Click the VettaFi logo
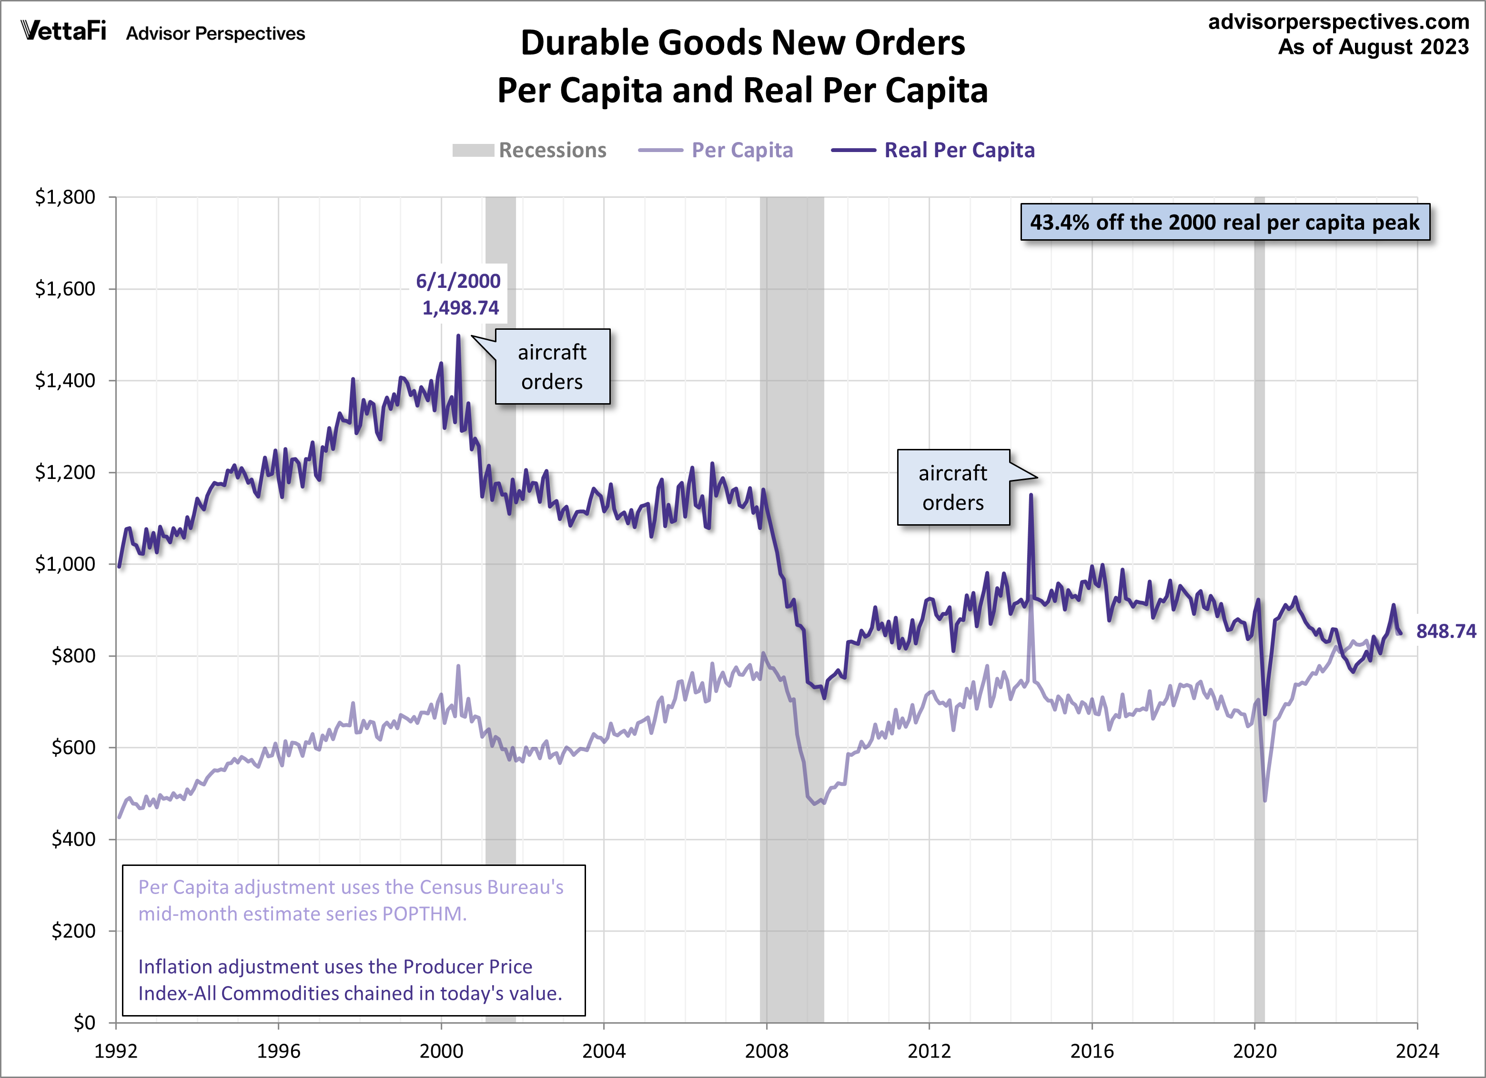coord(63,31)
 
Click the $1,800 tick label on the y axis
coord(65,197)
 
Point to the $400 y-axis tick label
coord(73,839)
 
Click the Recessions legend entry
coord(529,150)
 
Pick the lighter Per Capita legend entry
coord(716,150)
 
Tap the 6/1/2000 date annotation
coord(458,281)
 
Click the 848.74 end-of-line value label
coord(1446,631)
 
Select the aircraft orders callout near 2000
coord(552,366)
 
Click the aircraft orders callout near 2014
coord(953,487)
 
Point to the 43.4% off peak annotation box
coord(1224,222)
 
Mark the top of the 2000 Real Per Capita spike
coord(458,336)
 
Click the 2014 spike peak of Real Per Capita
coord(1031,496)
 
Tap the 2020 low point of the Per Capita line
coord(1264,800)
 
